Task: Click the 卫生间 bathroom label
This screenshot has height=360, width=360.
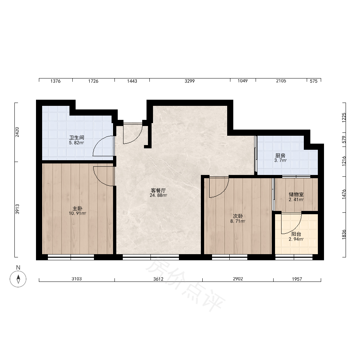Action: (x=77, y=138)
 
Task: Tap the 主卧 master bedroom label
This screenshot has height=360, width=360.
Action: (x=77, y=208)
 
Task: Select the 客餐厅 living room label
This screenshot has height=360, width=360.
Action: (x=158, y=190)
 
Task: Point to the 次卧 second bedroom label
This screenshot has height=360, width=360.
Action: (x=238, y=216)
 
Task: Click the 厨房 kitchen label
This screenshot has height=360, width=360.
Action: (x=280, y=156)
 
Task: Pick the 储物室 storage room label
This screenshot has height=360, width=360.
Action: (x=296, y=194)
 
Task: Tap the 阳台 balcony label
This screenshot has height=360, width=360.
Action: (x=296, y=234)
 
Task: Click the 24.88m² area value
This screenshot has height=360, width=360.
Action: (x=158, y=195)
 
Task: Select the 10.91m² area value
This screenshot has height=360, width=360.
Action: (x=77, y=213)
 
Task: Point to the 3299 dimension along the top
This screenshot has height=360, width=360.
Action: (x=190, y=81)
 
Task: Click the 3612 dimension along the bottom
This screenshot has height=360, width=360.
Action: (x=158, y=279)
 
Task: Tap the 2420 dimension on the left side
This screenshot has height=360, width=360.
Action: (x=17, y=132)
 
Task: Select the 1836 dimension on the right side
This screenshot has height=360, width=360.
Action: (x=344, y=235)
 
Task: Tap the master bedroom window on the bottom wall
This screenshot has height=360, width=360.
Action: (x=71, y=257)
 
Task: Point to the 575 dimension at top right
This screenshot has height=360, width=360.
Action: (x=314, y=81)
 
